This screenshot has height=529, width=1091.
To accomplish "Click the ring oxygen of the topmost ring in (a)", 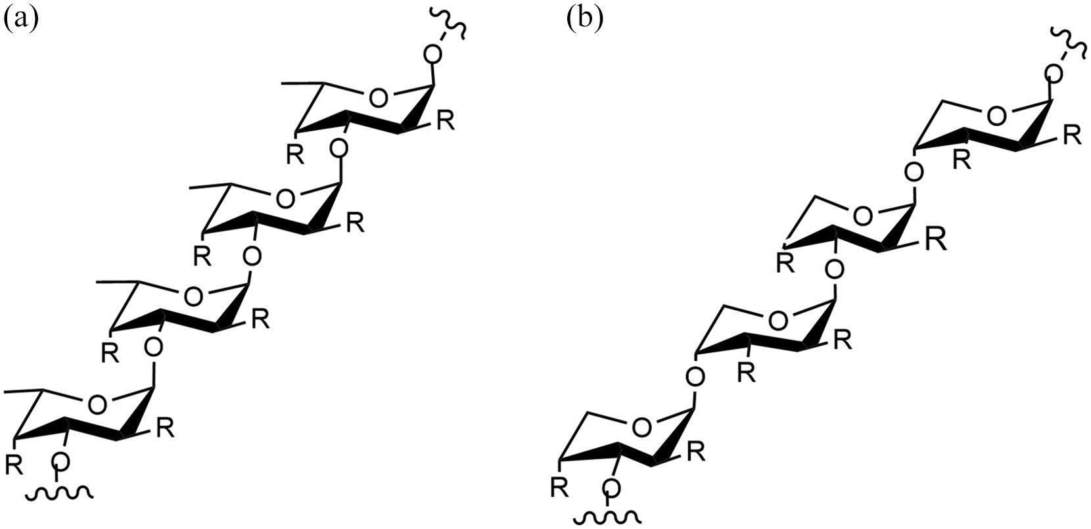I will tap(377, 99).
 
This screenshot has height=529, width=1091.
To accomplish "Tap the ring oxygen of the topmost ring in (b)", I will tap(997, 116).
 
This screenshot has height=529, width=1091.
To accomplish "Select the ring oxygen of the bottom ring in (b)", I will tap(642, 428).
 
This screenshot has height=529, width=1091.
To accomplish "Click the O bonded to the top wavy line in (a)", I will tap(432, 55).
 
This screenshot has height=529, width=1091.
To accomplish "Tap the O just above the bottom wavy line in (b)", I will tap(611, 487).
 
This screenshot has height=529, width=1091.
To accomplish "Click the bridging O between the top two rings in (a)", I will tap(339, 150).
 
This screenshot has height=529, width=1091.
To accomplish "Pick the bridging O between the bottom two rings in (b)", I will tap(694, 377).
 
